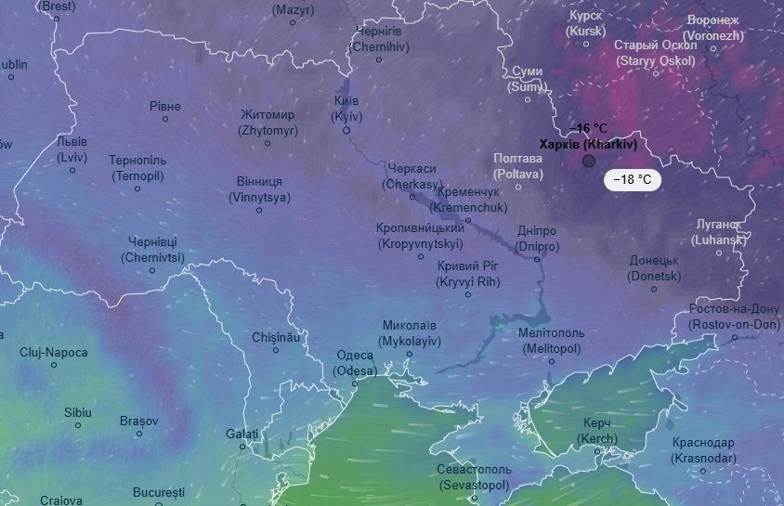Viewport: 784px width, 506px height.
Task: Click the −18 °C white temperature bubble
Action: pyautogui.click(x=632, y=180)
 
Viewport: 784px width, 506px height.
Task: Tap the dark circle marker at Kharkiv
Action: pyautogui.click(x=588, y=162)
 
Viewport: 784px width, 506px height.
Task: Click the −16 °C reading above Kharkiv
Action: pyautogui.click(x=588, y=128)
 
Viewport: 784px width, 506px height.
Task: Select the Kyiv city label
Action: pyautogui.click(x=346, y=109)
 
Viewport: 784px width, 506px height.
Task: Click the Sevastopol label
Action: pyautogui.click(x=474, y=477)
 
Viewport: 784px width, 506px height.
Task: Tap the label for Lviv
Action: pyautogui.click(x=72, y=149)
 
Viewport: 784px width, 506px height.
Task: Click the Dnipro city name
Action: pyautogui.click(x=537, y=239)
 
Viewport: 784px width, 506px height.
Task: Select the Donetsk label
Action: pyautogui.click(x=654, y=268)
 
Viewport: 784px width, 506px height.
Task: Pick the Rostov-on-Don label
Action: pyautogui.click(x=734, y=317)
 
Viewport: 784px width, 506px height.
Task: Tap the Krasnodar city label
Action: pyautogui.click(x=703, y=450)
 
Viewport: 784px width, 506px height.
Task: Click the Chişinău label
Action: pyautogui.click(x=276, y=337)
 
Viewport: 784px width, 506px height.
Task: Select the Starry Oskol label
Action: pyautogui.click(x=655, y=53)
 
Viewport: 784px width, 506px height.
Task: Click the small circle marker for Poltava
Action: pyautogui.click(x=518, y=187)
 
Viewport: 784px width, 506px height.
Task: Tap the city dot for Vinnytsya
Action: pyautogui.click(x=259, y=210)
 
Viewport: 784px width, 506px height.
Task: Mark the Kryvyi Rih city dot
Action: pyautogui.click(x=468, y=294)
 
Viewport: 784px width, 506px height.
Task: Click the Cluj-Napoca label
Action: pyautogui.click(x=54, y=353)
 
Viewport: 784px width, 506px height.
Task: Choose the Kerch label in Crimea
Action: pyautogui.click(x=596, y=431)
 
